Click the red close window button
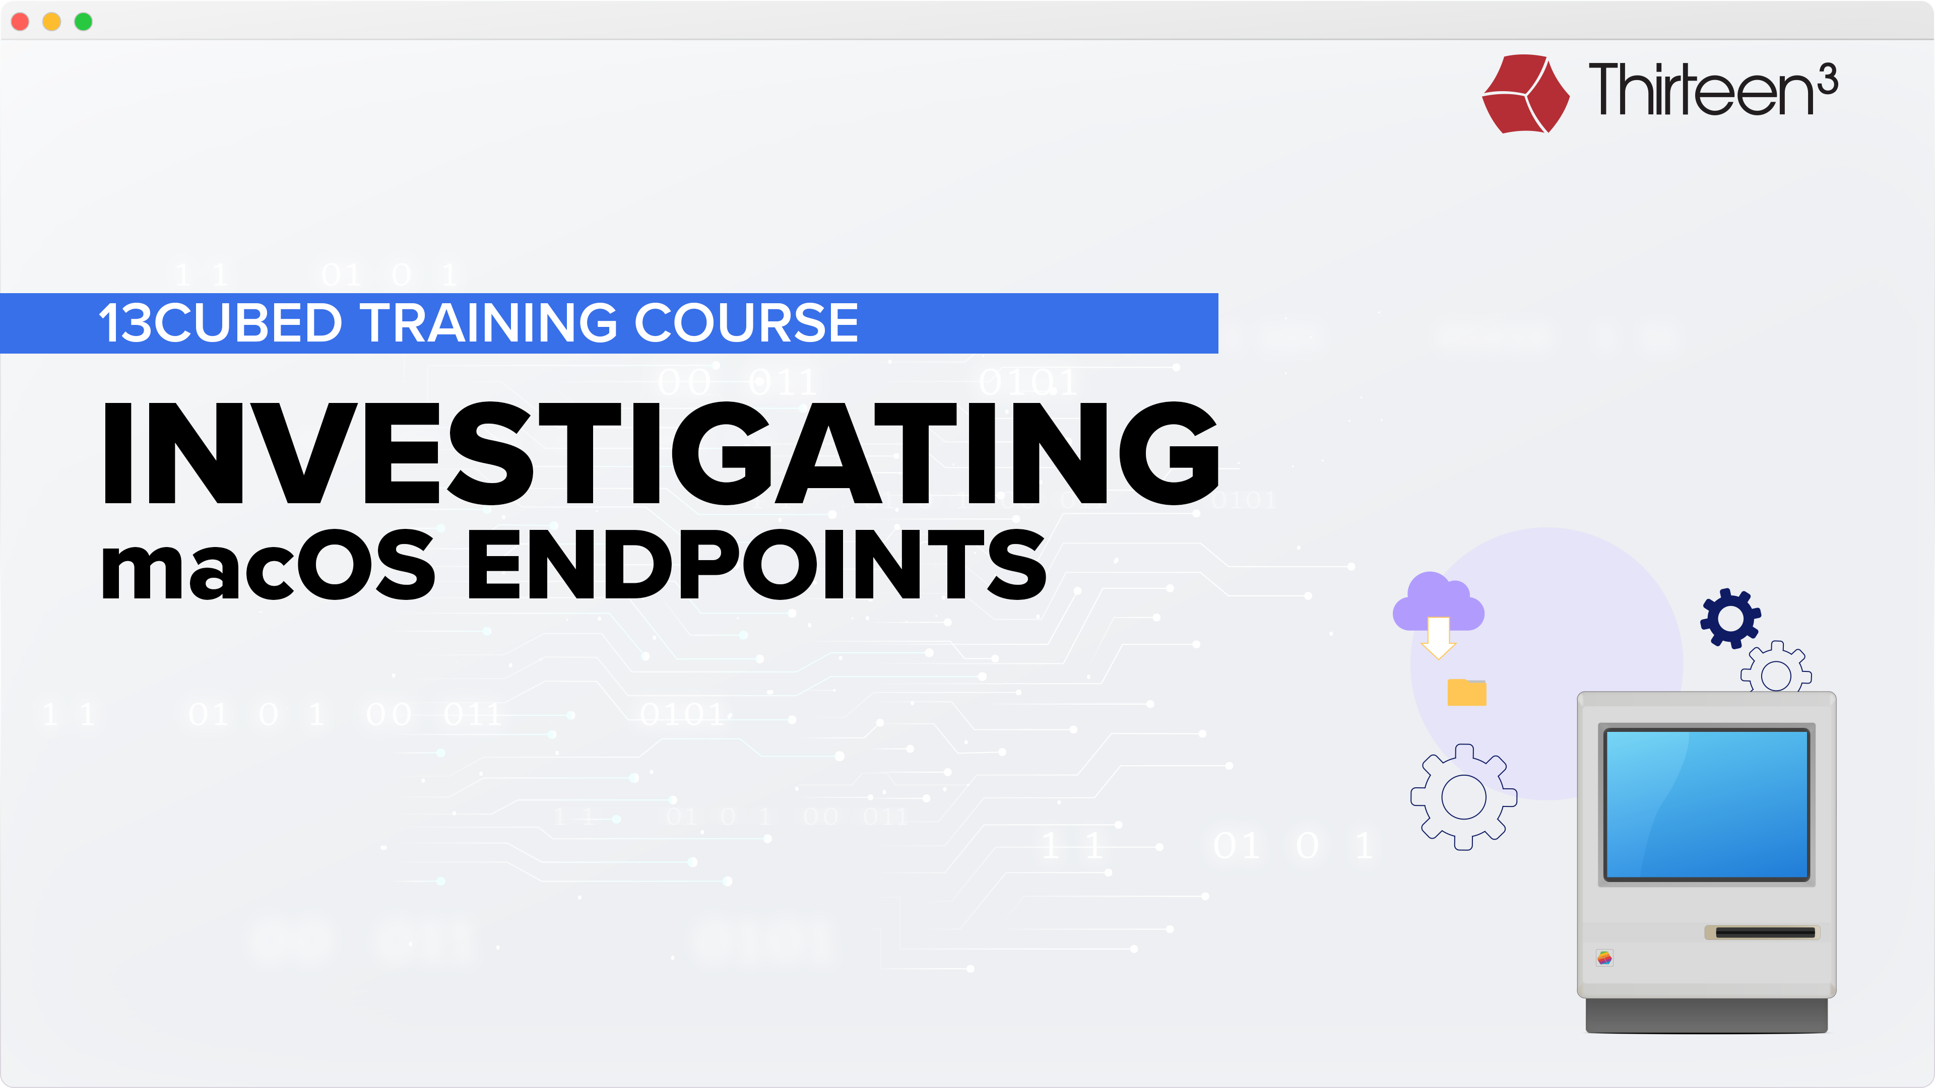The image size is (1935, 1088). coord(20,22)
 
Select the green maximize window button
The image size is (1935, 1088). coord(83,22)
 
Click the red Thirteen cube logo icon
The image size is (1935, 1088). coord(1526,94)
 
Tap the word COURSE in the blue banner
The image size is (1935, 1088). coord(747,323)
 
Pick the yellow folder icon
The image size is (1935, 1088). coord(1466,692)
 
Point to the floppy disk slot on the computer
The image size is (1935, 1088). coord(1765,932)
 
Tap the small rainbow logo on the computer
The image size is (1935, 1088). coord(1604,958)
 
